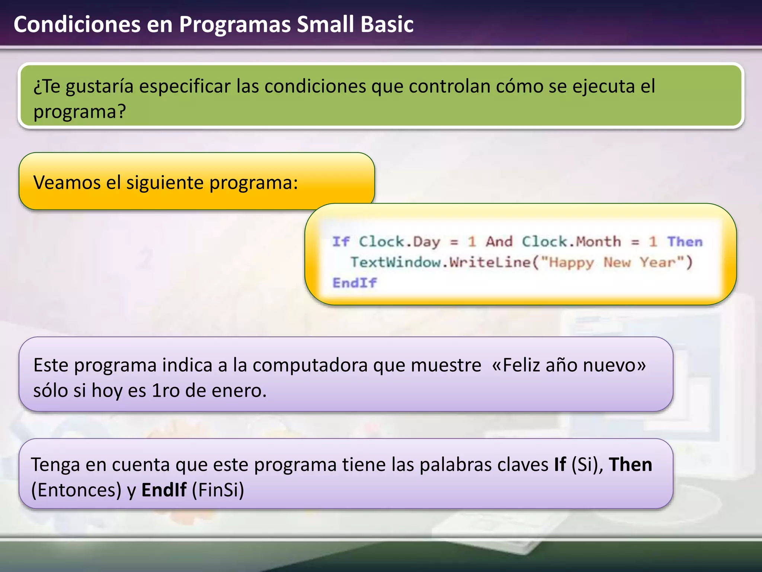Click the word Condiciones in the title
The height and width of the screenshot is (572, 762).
point(77,25)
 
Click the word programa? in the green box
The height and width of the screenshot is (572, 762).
point(80,112)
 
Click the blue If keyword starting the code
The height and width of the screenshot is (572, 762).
point(340,242)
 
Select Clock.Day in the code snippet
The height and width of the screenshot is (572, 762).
point(399,242)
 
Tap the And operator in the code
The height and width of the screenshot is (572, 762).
point(499,242)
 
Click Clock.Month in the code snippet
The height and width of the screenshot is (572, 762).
point(571,242)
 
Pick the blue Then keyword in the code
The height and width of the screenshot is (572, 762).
point(685,242)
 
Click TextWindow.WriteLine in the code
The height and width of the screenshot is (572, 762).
point(441,262)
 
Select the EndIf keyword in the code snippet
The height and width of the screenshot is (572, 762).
point(354,283)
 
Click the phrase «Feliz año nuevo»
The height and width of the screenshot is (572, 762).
point(569,365)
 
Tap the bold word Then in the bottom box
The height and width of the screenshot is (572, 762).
point(630,465)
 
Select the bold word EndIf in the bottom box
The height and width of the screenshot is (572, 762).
point(164,490)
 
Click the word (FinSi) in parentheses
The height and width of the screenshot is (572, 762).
point(218,490)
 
